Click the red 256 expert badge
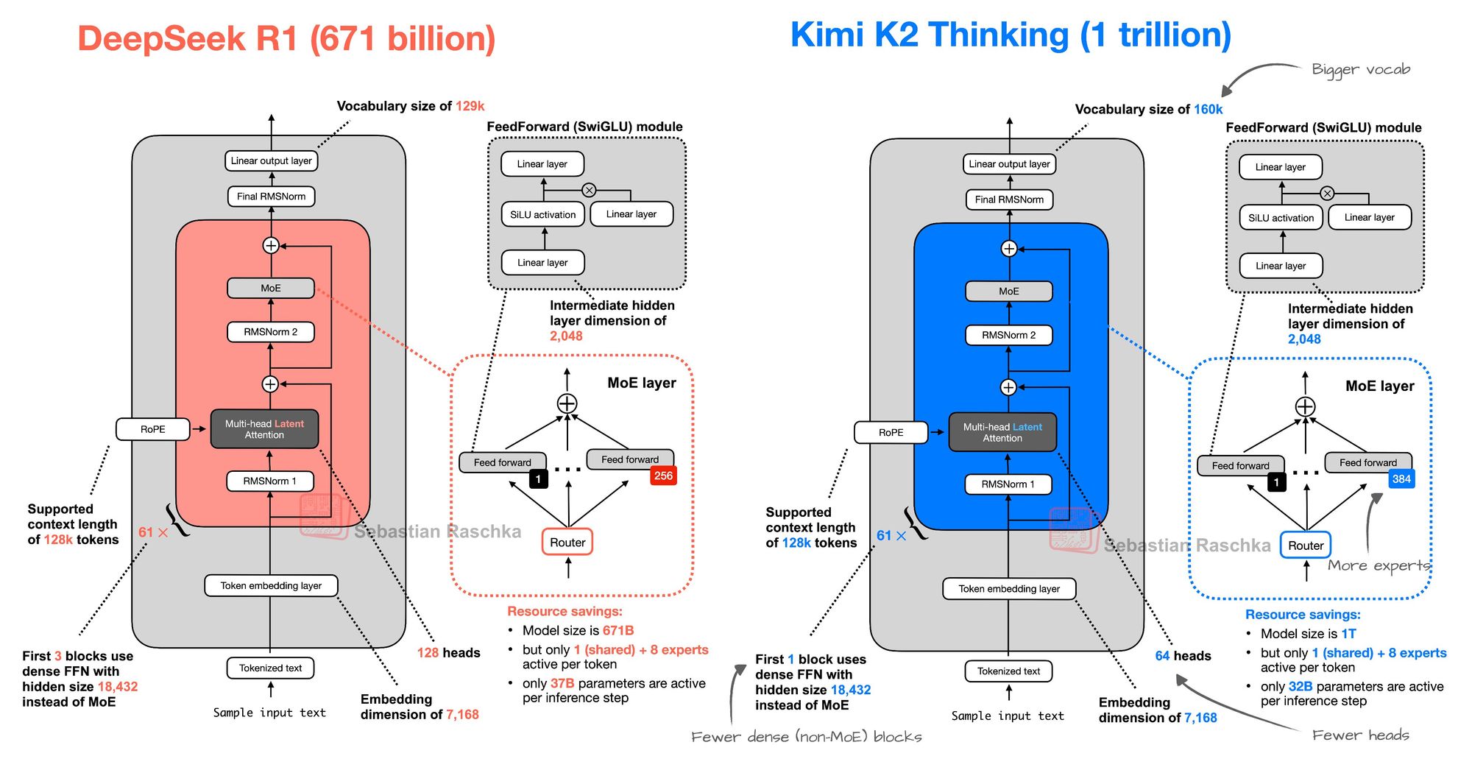coord(663,476)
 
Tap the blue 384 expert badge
coord(1401,479)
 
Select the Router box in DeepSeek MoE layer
coord(567,543)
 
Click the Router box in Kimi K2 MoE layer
coord(1306,545)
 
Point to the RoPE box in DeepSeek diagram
coord(153,429)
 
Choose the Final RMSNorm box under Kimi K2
coord(1009,199)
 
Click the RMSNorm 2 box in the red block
coord(271,332)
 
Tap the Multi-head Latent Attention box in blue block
coord(1002,432)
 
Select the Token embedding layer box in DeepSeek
coord(271,586)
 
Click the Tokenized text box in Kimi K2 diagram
coord(1008,671)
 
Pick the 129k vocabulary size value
coord(470,106)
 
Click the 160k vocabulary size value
coord(1208,110)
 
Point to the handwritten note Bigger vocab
coord(1361,69)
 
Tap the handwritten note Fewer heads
coord(1360,735)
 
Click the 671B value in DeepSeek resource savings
coord(618,631)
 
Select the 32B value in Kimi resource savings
coord(1300,687)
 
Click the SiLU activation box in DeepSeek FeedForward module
coord(543,215)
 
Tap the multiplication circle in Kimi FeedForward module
coord(1327,194)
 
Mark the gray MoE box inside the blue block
coord(1008,292)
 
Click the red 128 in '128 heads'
coord(428,653)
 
